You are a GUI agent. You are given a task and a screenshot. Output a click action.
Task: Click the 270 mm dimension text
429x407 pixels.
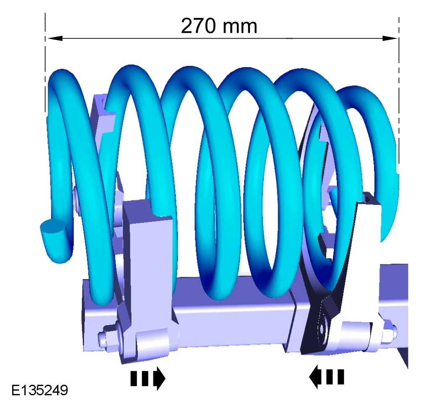[219, 26]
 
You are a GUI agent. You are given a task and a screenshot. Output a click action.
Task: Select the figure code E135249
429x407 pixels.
[39, 390]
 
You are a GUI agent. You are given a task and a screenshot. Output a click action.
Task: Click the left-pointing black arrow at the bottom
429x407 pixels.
[326, 377]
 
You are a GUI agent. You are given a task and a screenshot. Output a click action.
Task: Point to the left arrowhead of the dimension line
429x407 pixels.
[55, 38]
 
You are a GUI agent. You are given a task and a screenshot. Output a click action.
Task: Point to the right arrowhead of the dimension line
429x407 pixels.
[390, 38]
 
